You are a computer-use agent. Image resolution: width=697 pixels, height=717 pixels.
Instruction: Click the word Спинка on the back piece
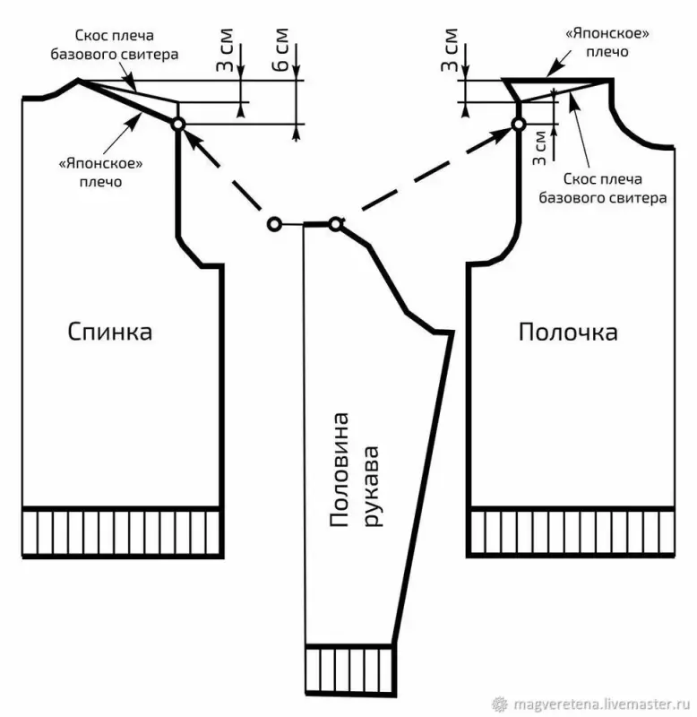point(110,332)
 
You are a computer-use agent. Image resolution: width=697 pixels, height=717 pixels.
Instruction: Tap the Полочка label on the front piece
point(568,333)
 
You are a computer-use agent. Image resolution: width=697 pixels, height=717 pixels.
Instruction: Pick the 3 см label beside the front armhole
point(539,147)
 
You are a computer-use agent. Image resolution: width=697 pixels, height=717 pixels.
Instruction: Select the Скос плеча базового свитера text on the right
point(602,188)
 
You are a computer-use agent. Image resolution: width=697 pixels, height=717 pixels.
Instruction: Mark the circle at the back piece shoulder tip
point(177,124)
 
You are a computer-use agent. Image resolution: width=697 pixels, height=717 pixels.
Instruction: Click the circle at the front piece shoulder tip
point(518,124)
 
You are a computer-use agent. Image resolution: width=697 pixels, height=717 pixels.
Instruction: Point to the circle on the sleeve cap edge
point(335,223)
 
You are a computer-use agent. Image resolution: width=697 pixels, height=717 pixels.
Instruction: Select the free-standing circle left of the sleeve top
point(273,223)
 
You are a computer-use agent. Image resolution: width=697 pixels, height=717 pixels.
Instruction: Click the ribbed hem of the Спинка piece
point(121,532)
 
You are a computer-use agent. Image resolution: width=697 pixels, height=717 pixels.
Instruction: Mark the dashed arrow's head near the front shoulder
point(500,134)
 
